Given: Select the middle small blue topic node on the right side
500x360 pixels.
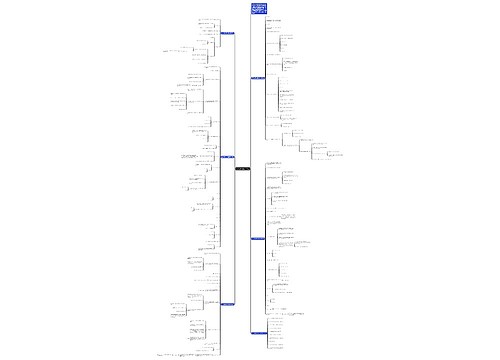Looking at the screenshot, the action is point(258,237).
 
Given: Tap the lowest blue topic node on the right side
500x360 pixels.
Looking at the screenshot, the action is point(258,332).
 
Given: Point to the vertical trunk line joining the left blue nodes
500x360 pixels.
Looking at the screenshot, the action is point(236,100).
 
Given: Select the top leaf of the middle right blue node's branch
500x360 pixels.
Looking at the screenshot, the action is point(281,160).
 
